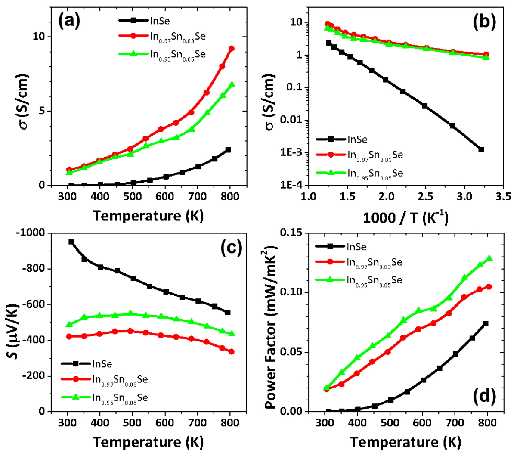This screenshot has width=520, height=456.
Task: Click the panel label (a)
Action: tap(70, 21)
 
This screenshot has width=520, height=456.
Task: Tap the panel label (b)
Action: tap(484, 22)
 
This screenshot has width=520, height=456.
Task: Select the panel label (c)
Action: tap(231, 248)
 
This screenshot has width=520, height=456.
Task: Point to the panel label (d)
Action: tap(484, 395)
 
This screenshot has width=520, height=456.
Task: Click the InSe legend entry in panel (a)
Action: tap(160, 20)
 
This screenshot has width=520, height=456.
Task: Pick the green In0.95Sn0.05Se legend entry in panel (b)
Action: tap(375, 173)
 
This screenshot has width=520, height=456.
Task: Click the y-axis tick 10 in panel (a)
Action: tap(39, 36)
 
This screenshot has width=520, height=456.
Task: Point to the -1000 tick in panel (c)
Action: tap(33, 233)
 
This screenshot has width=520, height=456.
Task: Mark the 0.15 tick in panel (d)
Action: tap(293, 233)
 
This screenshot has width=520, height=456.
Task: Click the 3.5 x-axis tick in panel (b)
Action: tap(503, 197)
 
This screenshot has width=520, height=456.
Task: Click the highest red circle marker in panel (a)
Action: tap(231, 49)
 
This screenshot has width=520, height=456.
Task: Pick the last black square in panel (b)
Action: tap(481, 149)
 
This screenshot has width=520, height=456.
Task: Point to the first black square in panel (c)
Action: tap(71, 242)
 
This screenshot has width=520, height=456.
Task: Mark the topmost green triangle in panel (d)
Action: tap(489, 258)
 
